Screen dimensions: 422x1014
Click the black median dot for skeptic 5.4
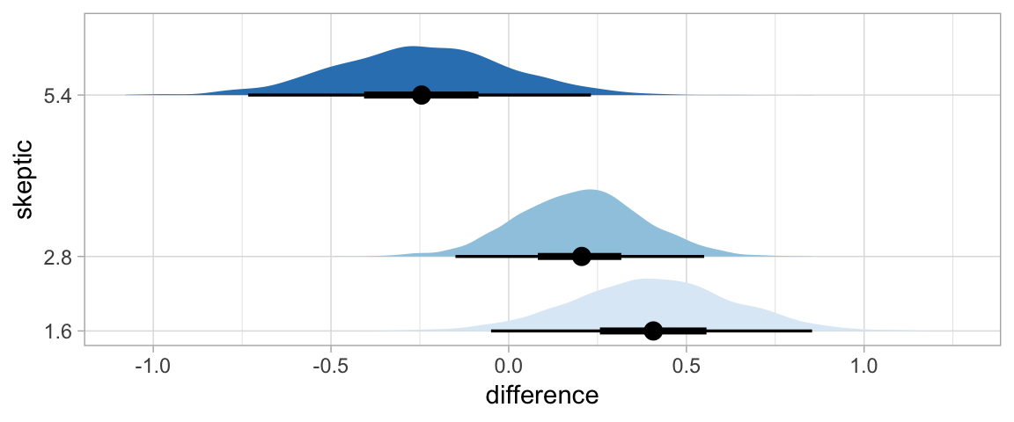pos(422,95)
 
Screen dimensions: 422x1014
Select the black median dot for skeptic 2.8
pos(581,257)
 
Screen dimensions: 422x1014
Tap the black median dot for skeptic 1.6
pos(653,331)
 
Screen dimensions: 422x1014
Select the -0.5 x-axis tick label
pos(330,363)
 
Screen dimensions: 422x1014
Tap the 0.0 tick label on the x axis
pos(509,363)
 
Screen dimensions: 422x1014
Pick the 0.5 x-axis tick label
pos(687,363)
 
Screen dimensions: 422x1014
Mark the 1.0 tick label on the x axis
pos(864,363)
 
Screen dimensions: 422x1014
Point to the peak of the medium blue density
pos(590,190)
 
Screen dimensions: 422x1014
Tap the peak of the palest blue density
pos(647,280)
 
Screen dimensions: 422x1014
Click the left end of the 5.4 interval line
pos(249,95)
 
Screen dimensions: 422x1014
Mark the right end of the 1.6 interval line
pos(812,331)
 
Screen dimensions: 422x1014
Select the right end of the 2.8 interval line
pos(703,257)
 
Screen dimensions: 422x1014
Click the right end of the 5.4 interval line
pos(591,95)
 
